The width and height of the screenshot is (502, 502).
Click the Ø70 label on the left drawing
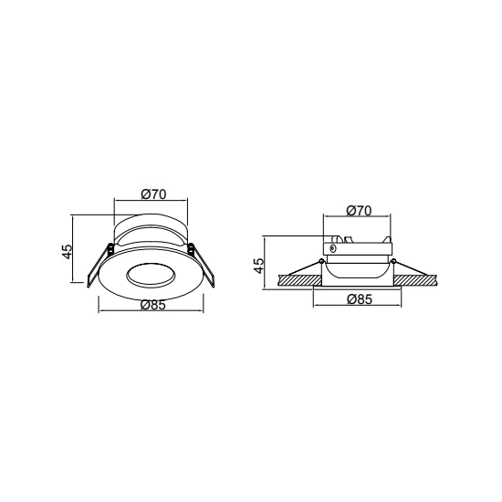tap(153, 194)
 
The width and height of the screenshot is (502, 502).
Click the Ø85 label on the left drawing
tap(153, 305)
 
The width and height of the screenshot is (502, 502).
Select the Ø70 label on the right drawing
tap(359, 210)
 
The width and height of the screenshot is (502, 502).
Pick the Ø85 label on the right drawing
tap(360, 299)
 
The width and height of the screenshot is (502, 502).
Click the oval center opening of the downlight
tap(151, 275)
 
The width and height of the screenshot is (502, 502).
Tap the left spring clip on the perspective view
tap(99, 266)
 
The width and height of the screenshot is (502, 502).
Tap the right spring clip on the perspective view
tap(202, 265)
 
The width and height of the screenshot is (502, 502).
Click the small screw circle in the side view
tap(332, 248)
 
